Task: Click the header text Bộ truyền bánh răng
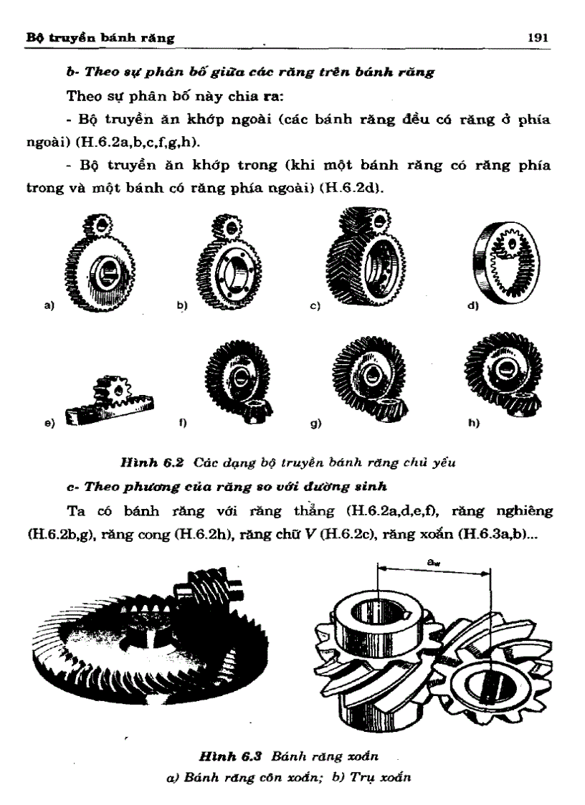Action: tap(100, 38)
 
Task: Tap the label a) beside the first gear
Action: tap(48, 306)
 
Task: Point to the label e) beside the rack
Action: tap(49, 424)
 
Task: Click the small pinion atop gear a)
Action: tap(100, 227)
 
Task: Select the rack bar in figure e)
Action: tap(108, 409)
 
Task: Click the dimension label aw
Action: tap(434, 564)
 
